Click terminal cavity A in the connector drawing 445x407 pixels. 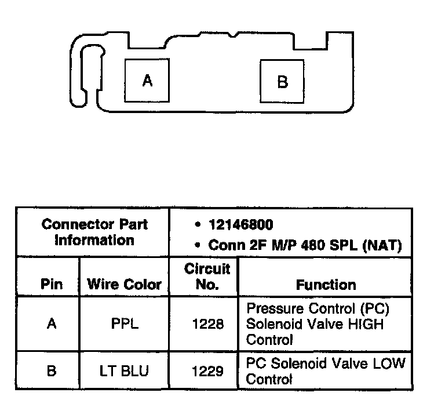pyautogui.click(x=148, y=81)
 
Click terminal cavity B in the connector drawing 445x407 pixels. pyautogui.click(x=282, y=82)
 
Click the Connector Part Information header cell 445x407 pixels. pyautogui.click(x=94, y=232)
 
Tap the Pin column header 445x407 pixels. pyautogui.click(x=52, y=284)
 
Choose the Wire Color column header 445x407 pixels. pyautogui.click(x=124, y=284)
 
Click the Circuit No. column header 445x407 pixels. pyautogui.click(x=207, y=277)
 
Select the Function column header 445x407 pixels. pyautogui.click(x=326, y=285)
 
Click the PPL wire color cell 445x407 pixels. pyautogui.click(x=125, y=324)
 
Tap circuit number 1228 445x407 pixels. pyautogui.click(x=207, y=324)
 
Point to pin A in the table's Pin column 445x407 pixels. pyautogui.click(x=52, y=324)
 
